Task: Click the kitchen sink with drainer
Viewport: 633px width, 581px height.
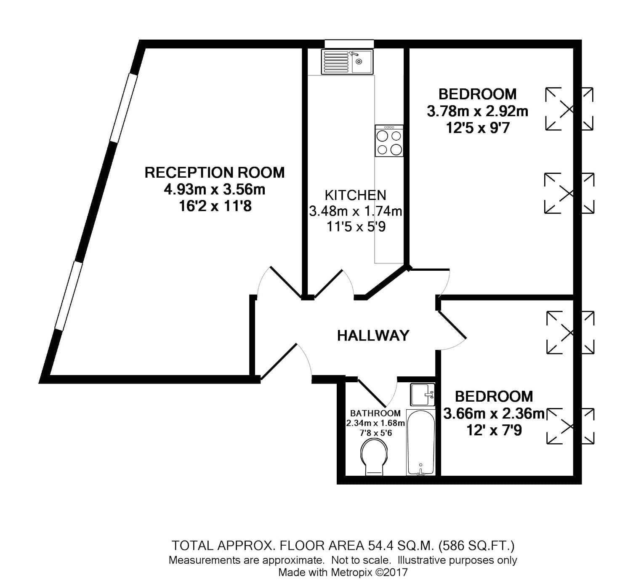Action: [x=347, y=62]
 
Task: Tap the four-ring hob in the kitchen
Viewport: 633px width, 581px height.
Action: [x=389, y=141]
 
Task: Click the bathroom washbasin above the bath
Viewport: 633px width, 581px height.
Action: [x=423, y=394]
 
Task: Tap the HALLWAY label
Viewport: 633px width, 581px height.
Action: [x=373, y=335]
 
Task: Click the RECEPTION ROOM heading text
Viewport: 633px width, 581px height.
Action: [x=215, y=173]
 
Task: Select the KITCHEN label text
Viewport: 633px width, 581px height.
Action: [x=355, y=195]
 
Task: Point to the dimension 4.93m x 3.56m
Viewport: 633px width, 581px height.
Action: [x=215, y=189]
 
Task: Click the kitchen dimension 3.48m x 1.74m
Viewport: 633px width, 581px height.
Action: [x=356, y=211]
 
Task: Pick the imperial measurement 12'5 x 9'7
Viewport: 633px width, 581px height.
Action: [x=478, y=128]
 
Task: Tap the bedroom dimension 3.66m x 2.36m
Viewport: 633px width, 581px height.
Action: [x=494, y=413]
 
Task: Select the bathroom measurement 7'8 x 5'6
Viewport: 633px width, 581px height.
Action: [x=375, y=433]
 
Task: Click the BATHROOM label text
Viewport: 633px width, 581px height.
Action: [x=375, y=413]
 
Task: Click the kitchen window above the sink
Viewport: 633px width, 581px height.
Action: [x=349, y=44]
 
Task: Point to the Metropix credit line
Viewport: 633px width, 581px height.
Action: [x=343, y=572]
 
